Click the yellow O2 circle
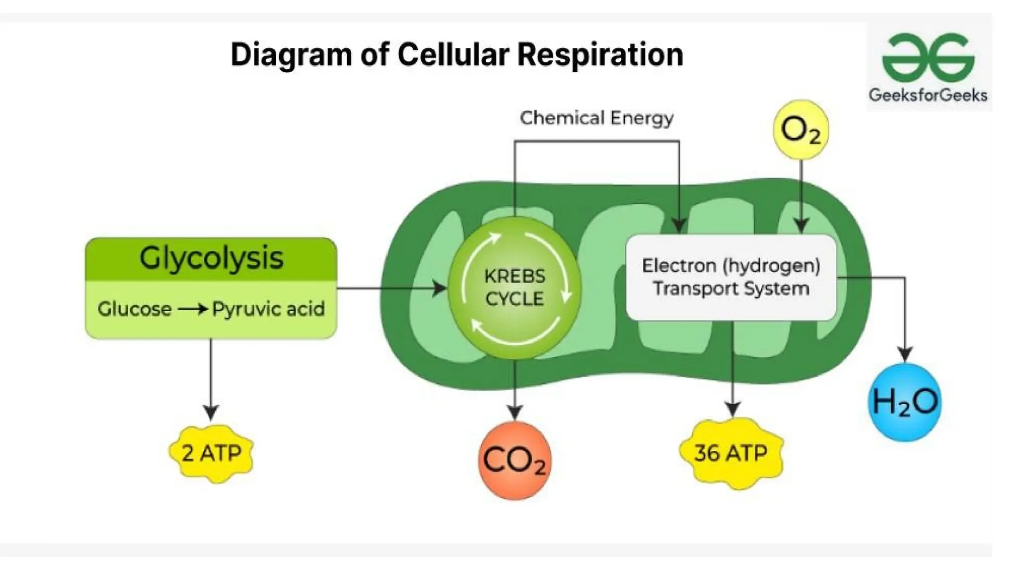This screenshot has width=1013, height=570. point(800,130)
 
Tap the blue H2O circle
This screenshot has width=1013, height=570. point(905,402)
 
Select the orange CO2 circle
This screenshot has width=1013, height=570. point(514,460)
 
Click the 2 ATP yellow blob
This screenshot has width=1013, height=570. point(211,453)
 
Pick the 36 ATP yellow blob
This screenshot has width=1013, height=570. point(731,453)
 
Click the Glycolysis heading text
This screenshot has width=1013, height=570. point(211,258)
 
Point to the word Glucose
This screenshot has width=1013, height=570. point(135,309)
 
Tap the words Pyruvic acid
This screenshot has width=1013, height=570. point(269,309)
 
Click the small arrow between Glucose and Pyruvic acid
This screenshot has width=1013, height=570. point(193,309)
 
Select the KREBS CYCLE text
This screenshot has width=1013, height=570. point(514,287)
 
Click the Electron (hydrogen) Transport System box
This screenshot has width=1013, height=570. point(731,277)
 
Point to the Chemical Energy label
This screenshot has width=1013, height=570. point(596,118)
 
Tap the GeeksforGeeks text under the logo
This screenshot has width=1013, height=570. point(928,95)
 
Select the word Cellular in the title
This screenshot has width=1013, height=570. point(453,54)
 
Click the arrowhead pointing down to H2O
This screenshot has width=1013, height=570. point(905,354)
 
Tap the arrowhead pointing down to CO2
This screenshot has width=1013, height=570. point(514,412)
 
